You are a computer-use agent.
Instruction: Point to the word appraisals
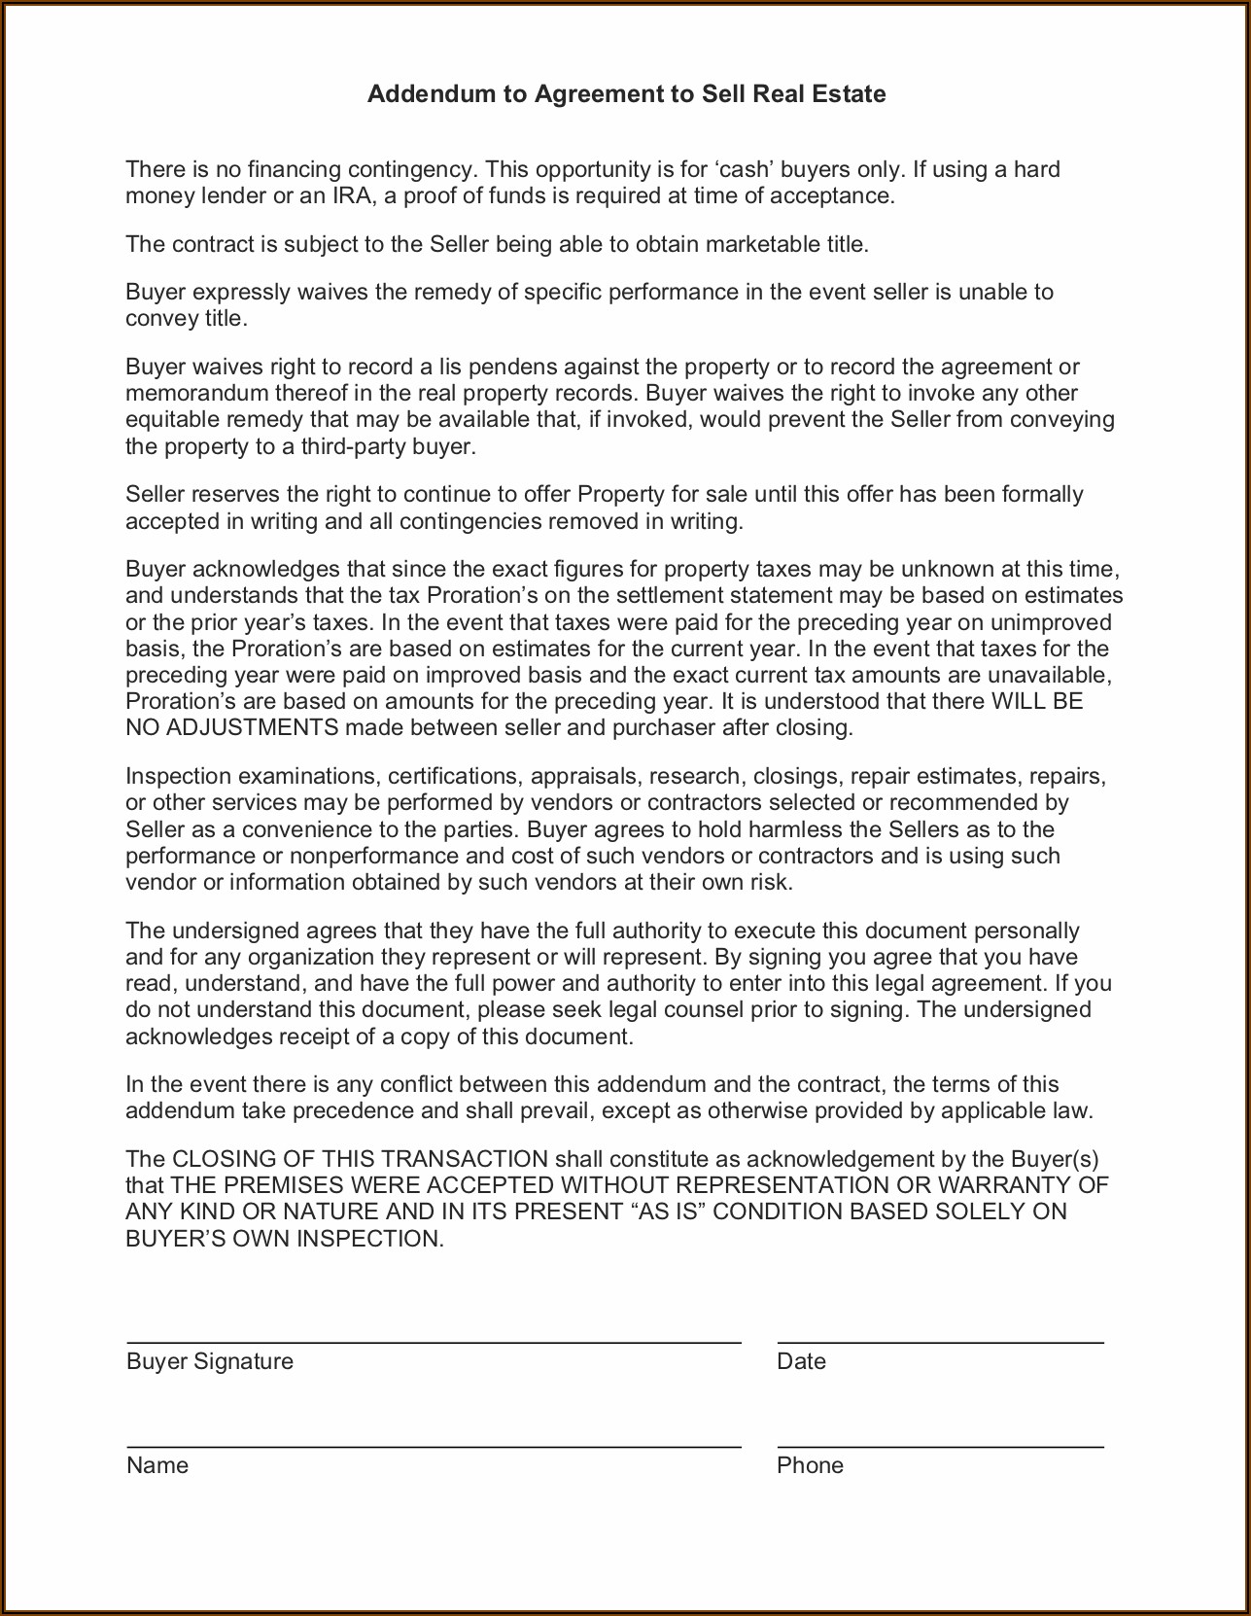point(586,777)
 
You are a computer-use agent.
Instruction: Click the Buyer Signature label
point(210,1361)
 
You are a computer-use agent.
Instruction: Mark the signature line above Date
point(940,1343)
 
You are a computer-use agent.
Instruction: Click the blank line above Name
point(434,1447)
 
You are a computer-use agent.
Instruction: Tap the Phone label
point(810,1465)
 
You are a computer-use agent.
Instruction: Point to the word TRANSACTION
point(465,1160)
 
